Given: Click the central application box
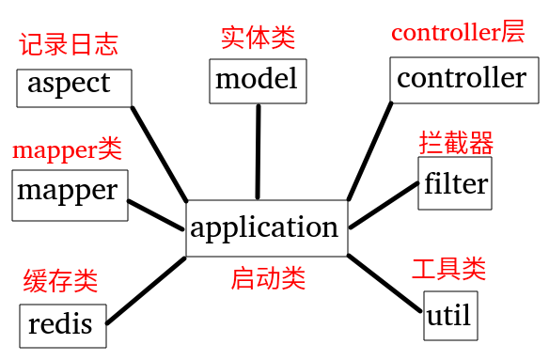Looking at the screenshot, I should (266, 227).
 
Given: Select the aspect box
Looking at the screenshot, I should (73, 85).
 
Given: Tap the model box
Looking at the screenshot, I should (257, 80).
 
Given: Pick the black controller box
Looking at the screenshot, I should (461, 78).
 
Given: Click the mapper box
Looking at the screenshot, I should (69, 194).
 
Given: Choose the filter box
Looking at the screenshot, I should (455, 182).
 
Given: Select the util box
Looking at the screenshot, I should (448, 314).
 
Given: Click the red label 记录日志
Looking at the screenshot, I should (69, 44).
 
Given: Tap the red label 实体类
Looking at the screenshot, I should (258, 38).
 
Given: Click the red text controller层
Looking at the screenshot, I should (458, 33).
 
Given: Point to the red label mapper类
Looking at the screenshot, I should (67, 149).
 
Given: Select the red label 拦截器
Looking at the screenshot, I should (456, 143).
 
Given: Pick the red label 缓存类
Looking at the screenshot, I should (60, 280).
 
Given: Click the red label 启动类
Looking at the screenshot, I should (268, 278).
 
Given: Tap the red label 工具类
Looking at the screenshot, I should (448, 269).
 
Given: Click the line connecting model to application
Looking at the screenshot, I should (257, 150).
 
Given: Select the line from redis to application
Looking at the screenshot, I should (146, 290).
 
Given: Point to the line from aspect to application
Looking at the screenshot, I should (159, 152).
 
